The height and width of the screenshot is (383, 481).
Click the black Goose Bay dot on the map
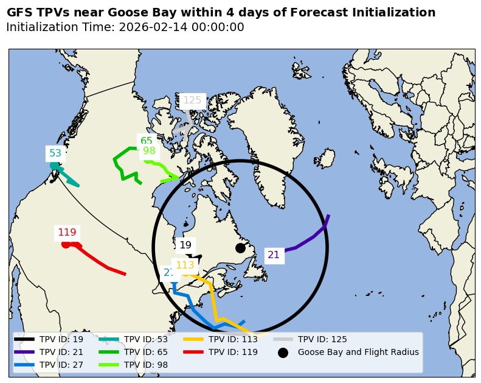240,248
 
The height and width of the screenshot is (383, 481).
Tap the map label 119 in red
67,233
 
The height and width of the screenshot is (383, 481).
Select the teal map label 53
55,153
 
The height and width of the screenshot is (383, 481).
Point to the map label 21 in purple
274,255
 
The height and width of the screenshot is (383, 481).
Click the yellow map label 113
185,265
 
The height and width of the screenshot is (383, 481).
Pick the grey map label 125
192,100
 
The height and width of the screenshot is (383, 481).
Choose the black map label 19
185,245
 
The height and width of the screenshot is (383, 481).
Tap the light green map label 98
149,151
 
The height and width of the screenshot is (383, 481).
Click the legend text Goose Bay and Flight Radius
358,352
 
